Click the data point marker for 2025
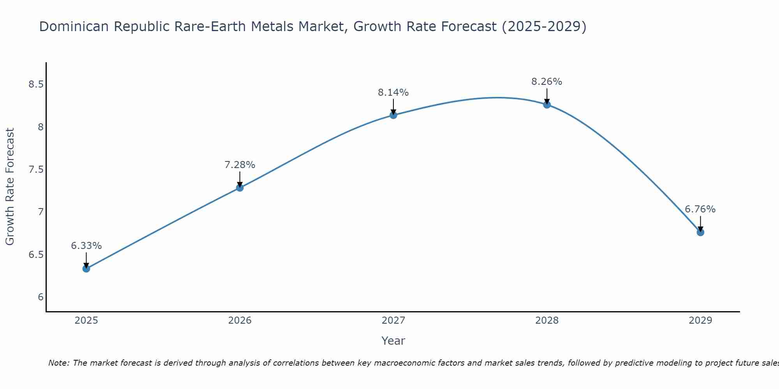(x=86, y=268)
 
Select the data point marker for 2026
(x=240, y=188)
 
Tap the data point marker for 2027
(x=393, y=115)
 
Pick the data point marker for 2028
(x=547, y=104)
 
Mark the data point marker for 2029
(x=700, y=232)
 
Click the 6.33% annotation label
(x=86, y=246)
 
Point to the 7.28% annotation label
(x=240, y=165)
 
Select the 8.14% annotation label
(x=393, y=93)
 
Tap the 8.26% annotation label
(x=547, y=82)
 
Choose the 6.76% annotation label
(x=700, y=209)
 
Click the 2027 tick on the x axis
(x=393, y=321)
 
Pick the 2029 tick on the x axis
(x=700, y=321)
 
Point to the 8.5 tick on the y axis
(x=36, y=84)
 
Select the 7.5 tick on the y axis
(x=36, y=170)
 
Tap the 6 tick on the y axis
(x=41, y=297)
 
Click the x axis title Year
(x=393, y=341)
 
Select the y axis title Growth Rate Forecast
(x=10, y=187)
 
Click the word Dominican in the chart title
(x=74, y=26)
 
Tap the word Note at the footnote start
(x=58, y=363)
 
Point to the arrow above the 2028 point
(x=547, y=96)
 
